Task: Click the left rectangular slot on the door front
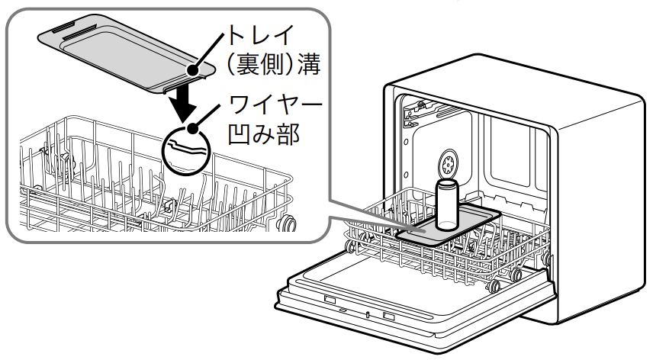point(330,301)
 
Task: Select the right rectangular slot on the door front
point(388,316)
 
